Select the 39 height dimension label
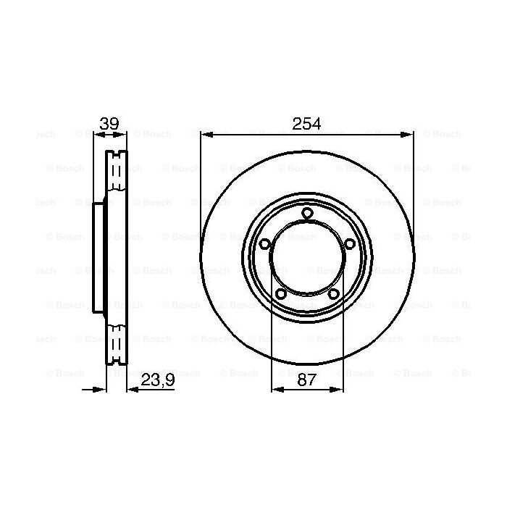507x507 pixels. pyautogui.click(x=109, y=123)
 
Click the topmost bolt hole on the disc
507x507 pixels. pyautogui.click(x=307, y=212)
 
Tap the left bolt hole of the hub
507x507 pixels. pyautogui.click(x=265, y=243)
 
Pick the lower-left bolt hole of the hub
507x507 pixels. pyautogui.click(x=281, y=293)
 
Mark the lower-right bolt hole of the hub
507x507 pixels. pyautogui.click(x=333, y=293)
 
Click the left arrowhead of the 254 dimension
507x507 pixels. pyautogui.click(x=205, y=134)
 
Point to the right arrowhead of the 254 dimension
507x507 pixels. pyautogui.click(x=409, y=134)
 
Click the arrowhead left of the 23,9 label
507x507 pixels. pyautogui.click(x=131, y=389)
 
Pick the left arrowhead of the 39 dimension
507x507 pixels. pyautogui.click(x=97, y=134)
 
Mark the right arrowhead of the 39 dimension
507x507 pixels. pyautogui.click(x=123, y=134)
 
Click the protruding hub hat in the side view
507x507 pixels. pyautogui.click(x=99, y=253)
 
